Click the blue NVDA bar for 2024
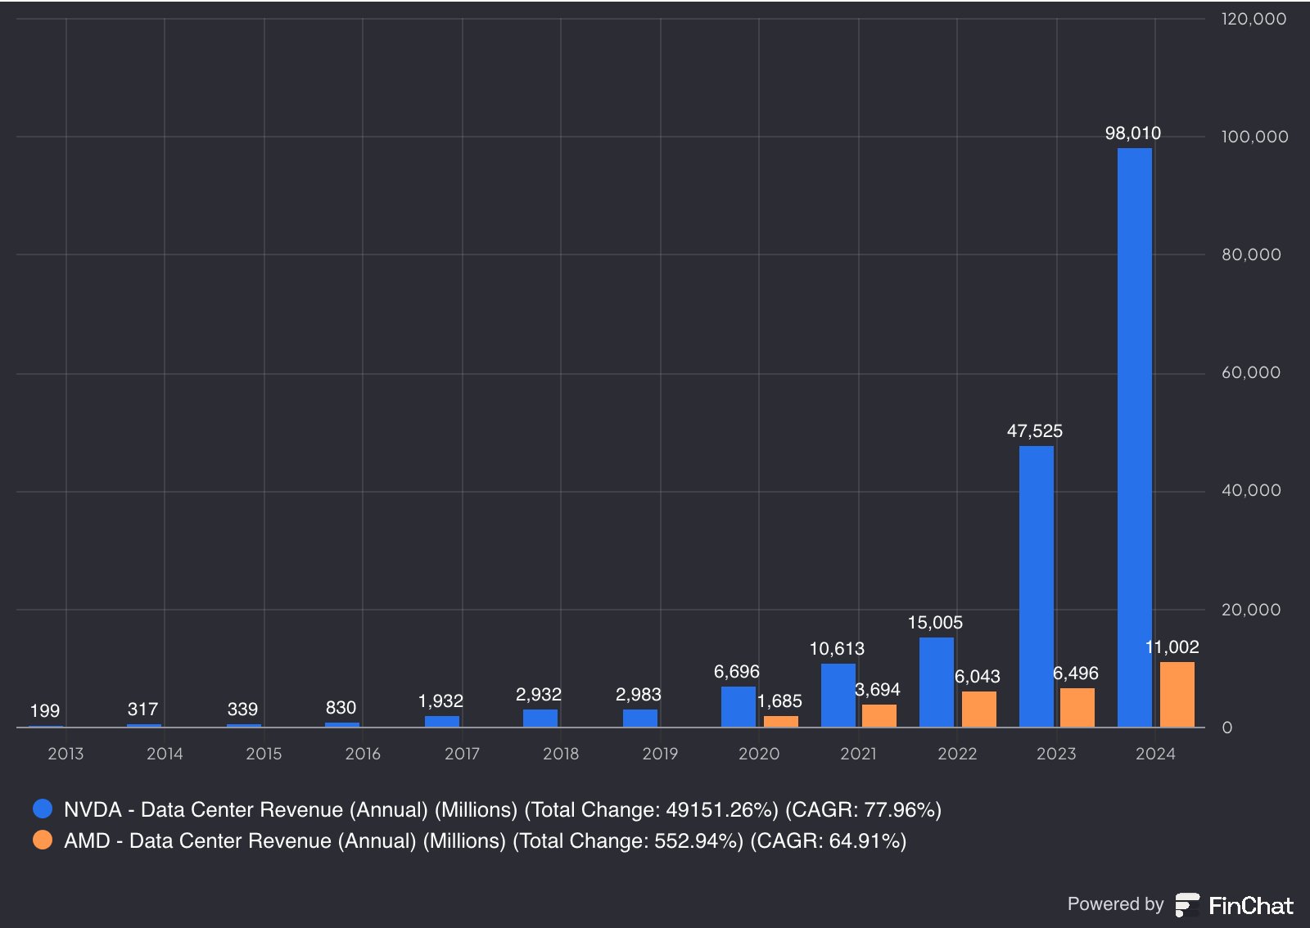(x=1135, y=438)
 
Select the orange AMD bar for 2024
(x=1177, y=695)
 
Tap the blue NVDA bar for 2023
(x=1037, y=587)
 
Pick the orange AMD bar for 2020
(x=781, y=722)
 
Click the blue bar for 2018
(x=540, y=719)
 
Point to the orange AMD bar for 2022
(x=979, y=710)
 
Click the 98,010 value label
(x=1133, y=133)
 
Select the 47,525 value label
(x=1035, y=431)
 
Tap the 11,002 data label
(x=1172, y=647)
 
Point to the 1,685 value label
(x=779, y=701)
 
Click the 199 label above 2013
(x=44, y=710)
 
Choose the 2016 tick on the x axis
(x=363, y=754)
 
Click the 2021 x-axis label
(x=858, y=754)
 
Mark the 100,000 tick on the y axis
(x=1254, y=137)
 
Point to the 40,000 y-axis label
(x=1251, y=490)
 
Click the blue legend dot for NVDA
(x=43, y=809)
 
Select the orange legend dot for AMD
(x=43, y=840)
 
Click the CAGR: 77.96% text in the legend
(x=863, y=810)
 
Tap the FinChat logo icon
(x=1187, y=904)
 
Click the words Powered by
(x=1115, y=904)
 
